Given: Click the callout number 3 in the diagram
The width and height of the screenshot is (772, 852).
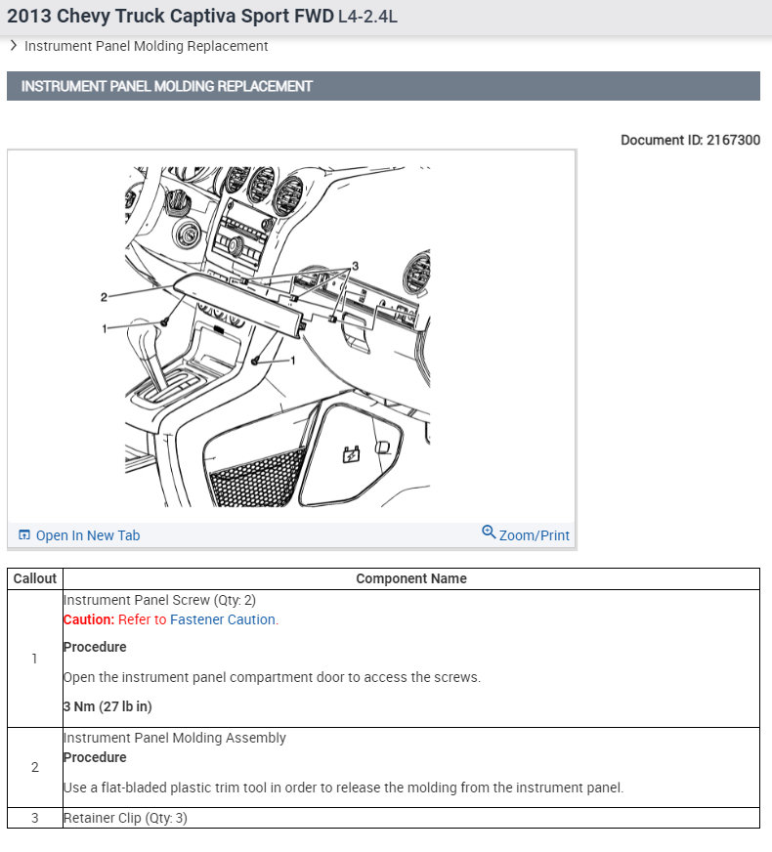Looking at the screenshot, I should coord(356,266).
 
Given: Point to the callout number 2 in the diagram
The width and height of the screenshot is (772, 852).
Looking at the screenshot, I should coord(104,296).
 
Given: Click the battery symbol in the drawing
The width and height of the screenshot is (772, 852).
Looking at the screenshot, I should coord(350,453).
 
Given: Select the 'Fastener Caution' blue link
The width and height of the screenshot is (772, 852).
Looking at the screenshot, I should coord(223,619).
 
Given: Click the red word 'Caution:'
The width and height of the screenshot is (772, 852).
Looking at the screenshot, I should coord(89,619).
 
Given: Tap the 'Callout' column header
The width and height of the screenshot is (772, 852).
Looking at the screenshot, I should coord(35,578).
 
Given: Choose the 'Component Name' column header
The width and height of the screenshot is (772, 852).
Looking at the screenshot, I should coord(410,578).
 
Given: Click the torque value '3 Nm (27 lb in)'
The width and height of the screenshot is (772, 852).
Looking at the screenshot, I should coord(107,706).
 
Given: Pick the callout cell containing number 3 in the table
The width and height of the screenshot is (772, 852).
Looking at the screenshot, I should coord(35,818).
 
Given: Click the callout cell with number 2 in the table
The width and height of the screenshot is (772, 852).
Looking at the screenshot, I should coord(35,767).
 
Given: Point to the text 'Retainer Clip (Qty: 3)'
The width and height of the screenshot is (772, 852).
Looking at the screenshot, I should coord(125,818).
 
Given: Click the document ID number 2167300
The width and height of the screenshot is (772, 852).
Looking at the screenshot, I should coord(733,140).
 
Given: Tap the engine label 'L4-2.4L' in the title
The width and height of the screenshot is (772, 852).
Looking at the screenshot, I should coord(367,17).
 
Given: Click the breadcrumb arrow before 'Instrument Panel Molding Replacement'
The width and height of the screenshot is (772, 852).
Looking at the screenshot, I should coord(14,45).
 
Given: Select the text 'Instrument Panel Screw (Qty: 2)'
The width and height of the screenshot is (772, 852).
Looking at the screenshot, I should coord(159,600).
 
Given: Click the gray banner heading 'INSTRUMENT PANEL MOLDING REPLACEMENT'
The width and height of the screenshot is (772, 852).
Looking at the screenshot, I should coord(167,86).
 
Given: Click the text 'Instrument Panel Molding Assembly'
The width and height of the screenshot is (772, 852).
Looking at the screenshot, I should coord(175,738).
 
